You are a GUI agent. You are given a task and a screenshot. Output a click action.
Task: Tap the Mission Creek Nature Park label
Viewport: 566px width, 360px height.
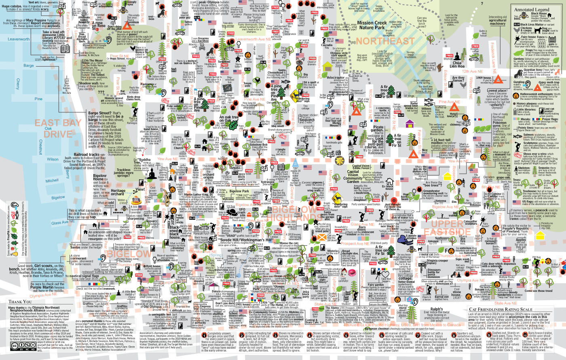pyautogui.click(x=372, y=25)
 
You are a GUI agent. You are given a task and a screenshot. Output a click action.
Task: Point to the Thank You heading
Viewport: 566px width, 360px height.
pyautogui.click(x=20, y=301)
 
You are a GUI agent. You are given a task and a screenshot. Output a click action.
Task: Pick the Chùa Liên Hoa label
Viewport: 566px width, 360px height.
pyautogui.click(x=457, y=64)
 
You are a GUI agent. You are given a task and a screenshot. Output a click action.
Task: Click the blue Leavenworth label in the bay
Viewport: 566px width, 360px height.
pyautogui.click(x=19, y=39)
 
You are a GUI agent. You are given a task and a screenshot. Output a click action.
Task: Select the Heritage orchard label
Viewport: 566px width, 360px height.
pyautogui.click(x=118, y=192)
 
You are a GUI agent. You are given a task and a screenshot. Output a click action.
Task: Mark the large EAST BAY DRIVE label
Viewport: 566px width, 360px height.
pyautogui.click(x=58, y=128)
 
